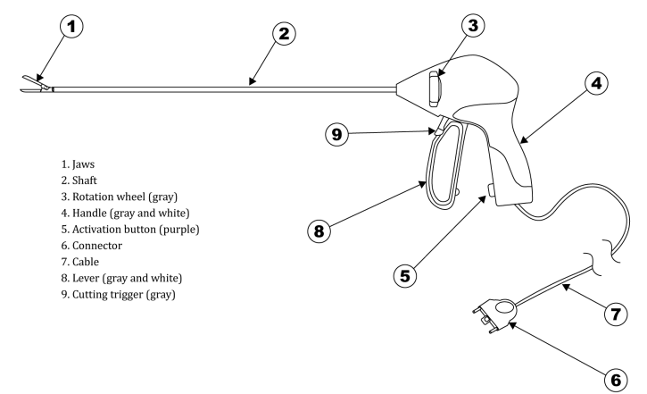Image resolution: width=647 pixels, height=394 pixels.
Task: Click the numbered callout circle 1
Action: coord(71,27)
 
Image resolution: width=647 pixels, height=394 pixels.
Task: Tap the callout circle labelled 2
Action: coord(285,33)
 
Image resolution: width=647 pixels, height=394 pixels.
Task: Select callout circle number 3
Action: coord(473,25)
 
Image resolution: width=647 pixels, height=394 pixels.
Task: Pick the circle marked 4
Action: coord(597,83)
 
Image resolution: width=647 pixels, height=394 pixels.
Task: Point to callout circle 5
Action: coord(405,275)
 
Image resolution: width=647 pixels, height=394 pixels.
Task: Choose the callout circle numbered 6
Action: coord(616,380)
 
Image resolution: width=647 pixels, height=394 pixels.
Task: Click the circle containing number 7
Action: coord(616,314)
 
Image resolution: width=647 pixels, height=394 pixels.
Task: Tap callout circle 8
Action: coord(319,231)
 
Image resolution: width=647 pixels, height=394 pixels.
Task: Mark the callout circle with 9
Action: coord(337,134)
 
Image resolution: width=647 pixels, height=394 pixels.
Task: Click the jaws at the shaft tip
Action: coord(37,84)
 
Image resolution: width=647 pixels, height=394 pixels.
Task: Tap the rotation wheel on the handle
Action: coord(435,88)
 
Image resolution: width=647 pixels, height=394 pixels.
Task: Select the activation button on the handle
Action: coord(491,191)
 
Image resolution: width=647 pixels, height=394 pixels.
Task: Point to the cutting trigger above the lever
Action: coord(439,126)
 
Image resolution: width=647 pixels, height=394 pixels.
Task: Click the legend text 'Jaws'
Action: coord(83,164)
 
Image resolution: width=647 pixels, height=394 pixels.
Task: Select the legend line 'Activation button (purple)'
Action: coord(136,230)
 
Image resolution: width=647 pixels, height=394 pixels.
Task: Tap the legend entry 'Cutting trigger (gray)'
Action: coord(124,295)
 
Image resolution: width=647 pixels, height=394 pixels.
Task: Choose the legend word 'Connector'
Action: coord(97,246)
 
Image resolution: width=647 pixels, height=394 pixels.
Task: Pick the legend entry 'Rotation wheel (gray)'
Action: coord(125,197)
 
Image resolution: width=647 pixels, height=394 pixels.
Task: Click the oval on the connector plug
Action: coord(504,307)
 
